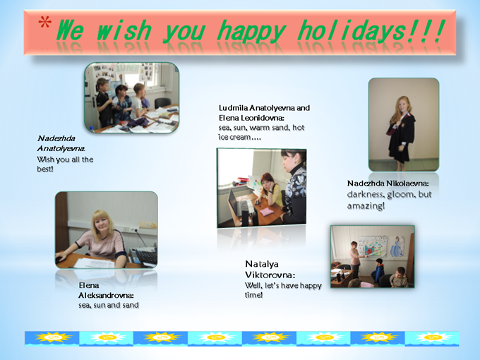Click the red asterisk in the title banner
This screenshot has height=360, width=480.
[x=44, y=23]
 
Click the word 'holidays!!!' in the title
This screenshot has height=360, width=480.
[x=371, y=30]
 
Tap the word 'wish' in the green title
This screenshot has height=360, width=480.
[x=124, y=30]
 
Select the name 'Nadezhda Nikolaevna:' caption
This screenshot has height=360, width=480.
[x=388, y=184]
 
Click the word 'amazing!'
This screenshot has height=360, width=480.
[x=366, y=205]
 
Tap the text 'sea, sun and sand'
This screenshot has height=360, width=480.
[x=109, y=305]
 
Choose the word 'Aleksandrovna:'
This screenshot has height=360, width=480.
[x=106, y=295]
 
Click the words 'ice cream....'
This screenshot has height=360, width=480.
[x=240, y=138]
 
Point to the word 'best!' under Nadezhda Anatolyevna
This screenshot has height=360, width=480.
[x=45, y=169]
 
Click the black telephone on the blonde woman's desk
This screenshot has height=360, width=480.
[x=145, y=256]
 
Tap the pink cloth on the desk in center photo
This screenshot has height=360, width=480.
[x=268, y=212]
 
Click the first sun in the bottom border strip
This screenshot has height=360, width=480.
[x=52, y=338]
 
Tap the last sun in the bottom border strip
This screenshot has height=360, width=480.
[x=431, y=338]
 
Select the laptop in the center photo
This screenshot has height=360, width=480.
[x=239, y=203]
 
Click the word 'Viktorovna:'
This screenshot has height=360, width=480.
[x=270, y=275]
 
